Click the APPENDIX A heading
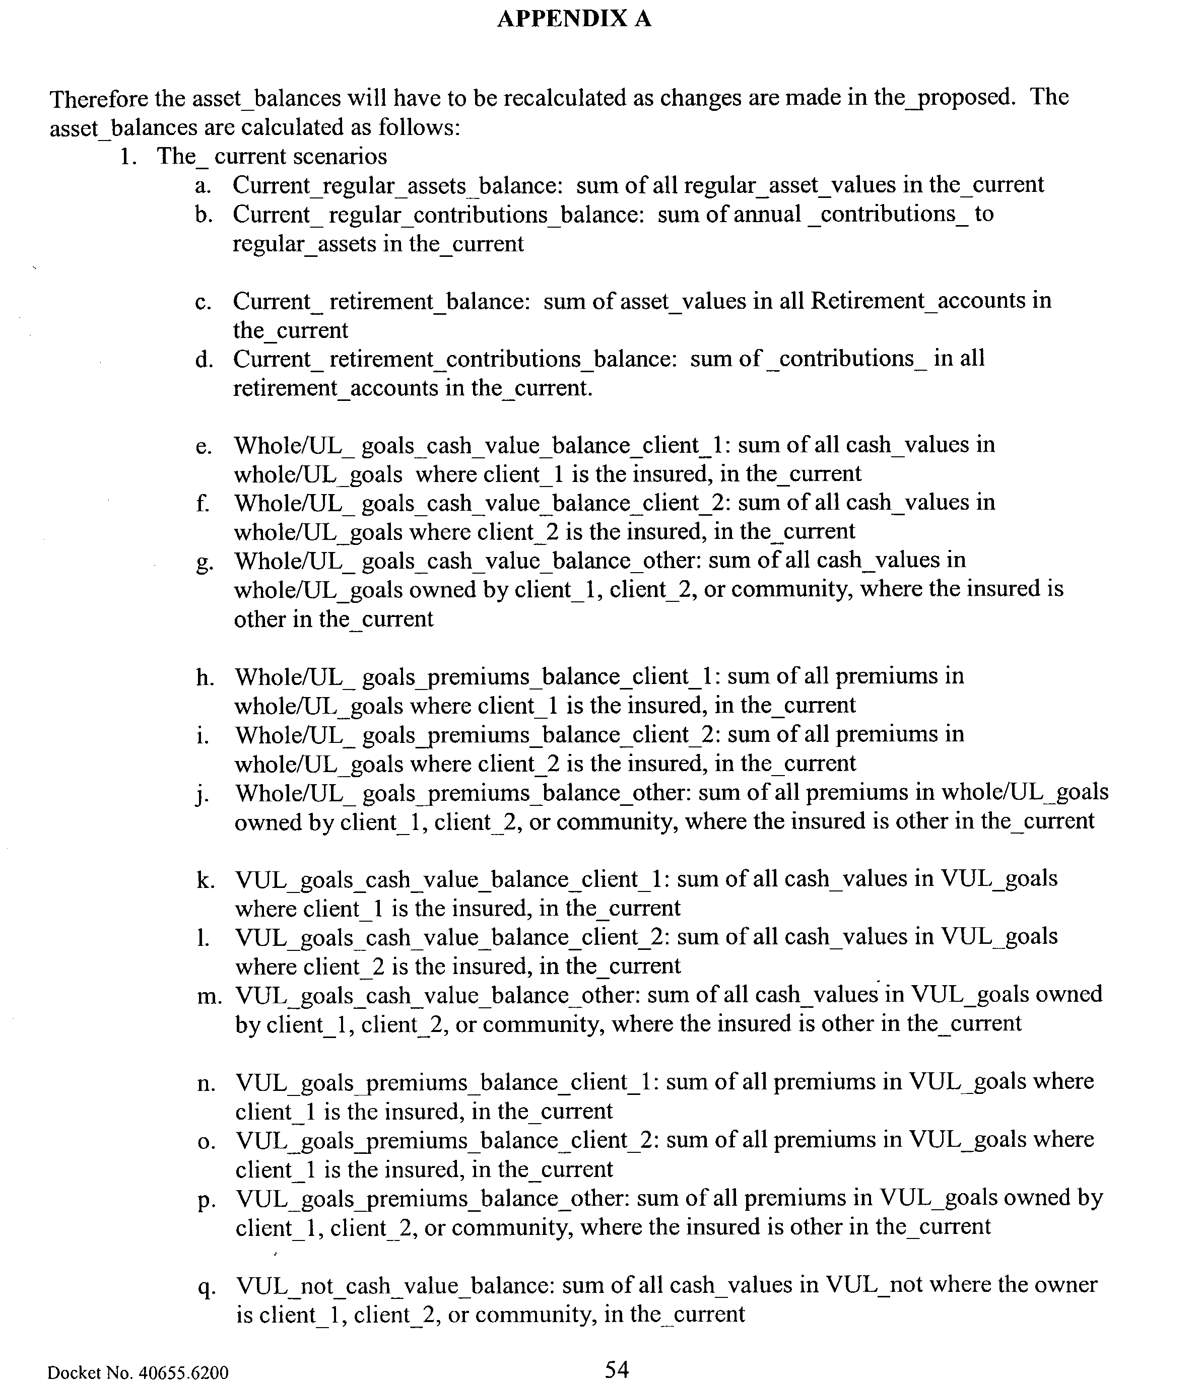(x=574, y=19)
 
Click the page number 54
(x=616, y=1369)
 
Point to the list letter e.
(x=204, y=447)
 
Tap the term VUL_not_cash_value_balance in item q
(x=395, y=1285)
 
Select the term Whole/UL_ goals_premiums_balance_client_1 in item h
(x=477, y=677)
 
